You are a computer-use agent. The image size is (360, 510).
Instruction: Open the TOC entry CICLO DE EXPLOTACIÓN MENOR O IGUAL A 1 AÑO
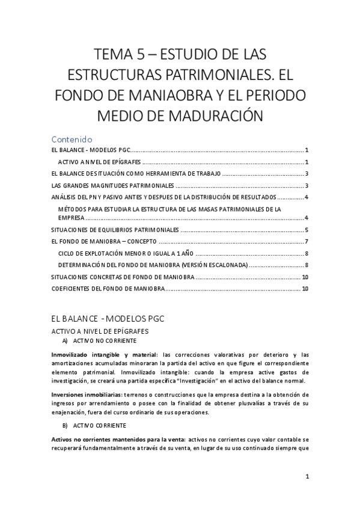(x=126, y=253)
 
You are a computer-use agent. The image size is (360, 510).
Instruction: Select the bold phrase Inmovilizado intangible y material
(x=106, y=354)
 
